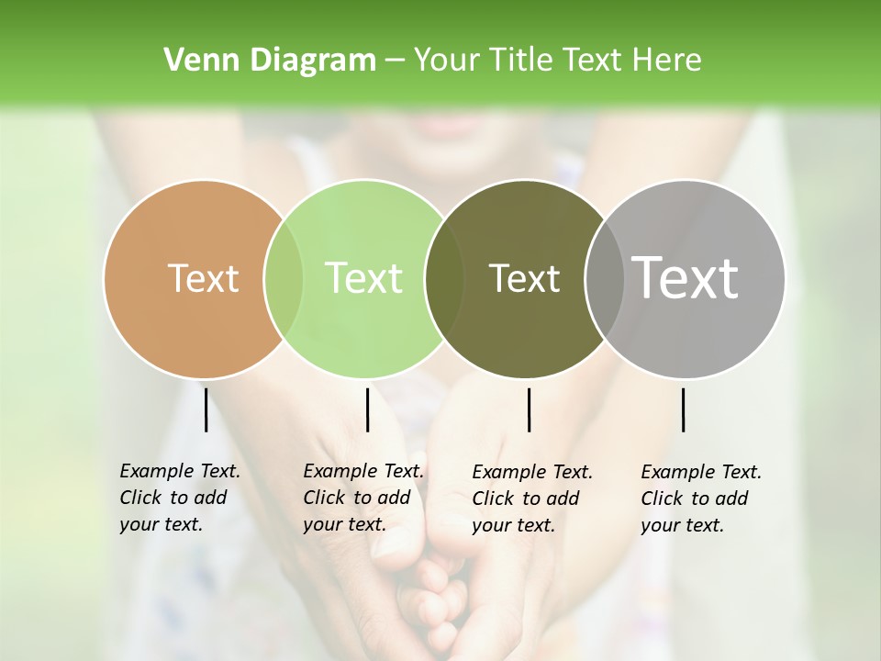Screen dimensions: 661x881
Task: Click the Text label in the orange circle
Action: coord(203,278)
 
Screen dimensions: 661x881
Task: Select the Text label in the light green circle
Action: coord(364,278)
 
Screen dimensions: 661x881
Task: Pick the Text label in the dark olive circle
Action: coord(524,278)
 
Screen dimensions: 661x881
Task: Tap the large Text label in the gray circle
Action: coord(686,278)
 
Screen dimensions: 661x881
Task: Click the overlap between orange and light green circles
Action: coord(284,279)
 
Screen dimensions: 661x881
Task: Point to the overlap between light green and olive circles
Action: coord(444,279)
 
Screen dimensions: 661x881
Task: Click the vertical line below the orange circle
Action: coord(206,409)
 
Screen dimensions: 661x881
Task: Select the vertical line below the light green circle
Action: coord(367,409)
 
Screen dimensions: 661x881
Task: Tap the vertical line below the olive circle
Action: coord(529,409)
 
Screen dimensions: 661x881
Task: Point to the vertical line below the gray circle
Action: coord(683,409)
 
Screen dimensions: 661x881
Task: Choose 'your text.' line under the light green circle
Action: coord(344,524)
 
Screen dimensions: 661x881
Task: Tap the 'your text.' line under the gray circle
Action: coord(682,525)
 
